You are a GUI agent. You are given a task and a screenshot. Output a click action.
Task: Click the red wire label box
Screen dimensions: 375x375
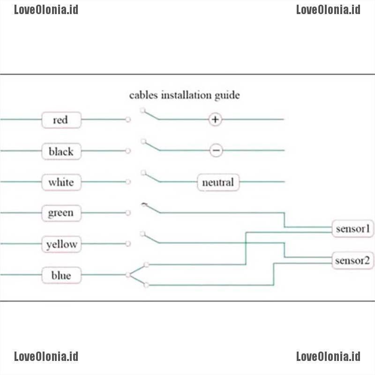[61, 120]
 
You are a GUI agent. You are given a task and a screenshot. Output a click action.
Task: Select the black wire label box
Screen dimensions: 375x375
[61, 151]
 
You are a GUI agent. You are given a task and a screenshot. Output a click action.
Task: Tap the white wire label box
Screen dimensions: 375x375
[61, 182]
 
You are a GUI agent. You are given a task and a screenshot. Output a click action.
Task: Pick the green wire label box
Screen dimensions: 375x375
[61, 213]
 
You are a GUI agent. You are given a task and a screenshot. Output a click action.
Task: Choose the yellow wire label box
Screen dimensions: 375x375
[61, 244]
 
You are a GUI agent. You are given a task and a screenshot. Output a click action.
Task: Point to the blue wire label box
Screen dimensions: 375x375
[61, 275]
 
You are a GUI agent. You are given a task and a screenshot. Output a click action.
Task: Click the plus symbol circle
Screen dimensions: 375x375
[215, 120]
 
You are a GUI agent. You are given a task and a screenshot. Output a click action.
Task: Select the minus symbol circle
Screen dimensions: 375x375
[216, 150]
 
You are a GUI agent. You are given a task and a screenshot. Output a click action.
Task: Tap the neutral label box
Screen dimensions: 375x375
[218, 182]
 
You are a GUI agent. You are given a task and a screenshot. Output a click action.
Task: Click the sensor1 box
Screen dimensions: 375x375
[353, 229]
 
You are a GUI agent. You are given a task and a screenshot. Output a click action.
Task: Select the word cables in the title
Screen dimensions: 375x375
[144, 95]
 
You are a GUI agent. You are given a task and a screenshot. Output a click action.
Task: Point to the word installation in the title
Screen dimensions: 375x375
[186, 95]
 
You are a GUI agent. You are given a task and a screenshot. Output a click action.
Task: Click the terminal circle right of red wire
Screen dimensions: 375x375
[128, 120]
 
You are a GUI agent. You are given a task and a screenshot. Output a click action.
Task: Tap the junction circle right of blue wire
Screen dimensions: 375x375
[128, 275]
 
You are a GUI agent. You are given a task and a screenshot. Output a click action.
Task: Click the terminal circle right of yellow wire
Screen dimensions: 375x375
[128, 244]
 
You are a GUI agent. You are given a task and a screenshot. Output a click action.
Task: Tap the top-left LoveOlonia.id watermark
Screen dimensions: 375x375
[46, 9]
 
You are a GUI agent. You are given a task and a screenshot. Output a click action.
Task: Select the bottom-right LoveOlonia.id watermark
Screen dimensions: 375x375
[328, 356]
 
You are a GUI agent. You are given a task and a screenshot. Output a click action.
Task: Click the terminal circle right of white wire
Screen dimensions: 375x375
[128, 182]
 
